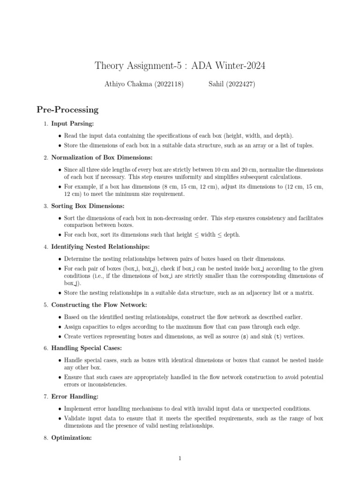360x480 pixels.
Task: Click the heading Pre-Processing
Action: tap(67, 110)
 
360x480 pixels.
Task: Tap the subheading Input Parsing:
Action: tap(73, 124)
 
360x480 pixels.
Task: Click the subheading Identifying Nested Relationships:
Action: tap(101, 247)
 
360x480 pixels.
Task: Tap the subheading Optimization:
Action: tap(71, 438)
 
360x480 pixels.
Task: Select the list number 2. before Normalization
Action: tap(45, 157)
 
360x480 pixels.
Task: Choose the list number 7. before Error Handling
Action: tap(45, 397)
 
